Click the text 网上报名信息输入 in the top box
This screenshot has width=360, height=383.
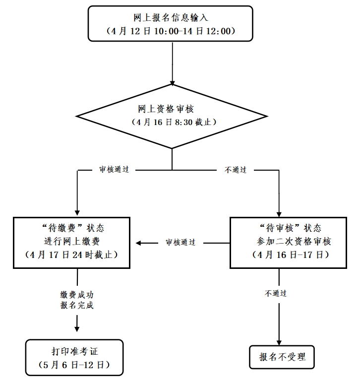(x=171, y=17)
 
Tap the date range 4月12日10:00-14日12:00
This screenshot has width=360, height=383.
(x=171, y=31)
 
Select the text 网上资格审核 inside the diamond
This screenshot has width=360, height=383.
(x=166, y=109)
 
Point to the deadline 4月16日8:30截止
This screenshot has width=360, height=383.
(x=174, y=122)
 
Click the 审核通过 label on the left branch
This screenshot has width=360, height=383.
(x=114, y=170)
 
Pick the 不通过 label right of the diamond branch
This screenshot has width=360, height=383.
(x=236, y=170)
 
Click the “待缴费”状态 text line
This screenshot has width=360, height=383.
(x=73, y=228)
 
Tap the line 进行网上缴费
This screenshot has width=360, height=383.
(x=72, y=241)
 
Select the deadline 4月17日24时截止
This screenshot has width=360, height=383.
(x=71, y=255)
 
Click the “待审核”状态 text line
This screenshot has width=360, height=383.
(x=290, y=228)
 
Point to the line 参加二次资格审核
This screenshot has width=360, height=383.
(x=294, y=241)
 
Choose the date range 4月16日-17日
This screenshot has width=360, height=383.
(x=290, y=255)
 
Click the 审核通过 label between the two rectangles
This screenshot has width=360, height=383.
(x=180, y=242)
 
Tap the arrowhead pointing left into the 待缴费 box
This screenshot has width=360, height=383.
(x=138, y=243)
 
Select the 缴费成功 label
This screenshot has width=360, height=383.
(x=77, y=295)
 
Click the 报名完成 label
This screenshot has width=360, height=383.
(x=77, y=305)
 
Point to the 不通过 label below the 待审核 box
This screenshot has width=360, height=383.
(x=276, y=293)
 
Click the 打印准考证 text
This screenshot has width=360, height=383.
(x=75, y=351)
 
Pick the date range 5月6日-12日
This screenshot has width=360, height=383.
(x=74, y=365)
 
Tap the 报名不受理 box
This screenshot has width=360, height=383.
(x=282, y=357)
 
